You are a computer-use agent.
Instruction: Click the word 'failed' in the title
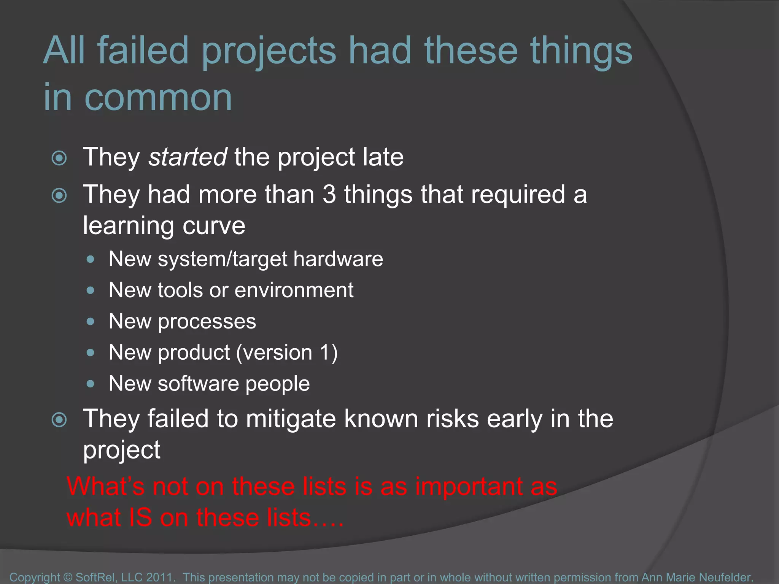(143, 50)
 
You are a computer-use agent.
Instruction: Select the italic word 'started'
(188, 157)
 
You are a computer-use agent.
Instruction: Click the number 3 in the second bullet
(329, 194)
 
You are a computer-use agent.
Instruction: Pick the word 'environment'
(294, 290)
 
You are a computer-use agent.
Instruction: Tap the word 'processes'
(207, 321)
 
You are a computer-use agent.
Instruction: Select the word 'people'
(277, 384)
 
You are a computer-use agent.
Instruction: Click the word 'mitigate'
(290, 419)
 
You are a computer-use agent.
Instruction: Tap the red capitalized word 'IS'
(141, 518)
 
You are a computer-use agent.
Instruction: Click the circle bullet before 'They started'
(59, 158)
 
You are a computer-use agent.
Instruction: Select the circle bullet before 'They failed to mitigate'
(59, 420)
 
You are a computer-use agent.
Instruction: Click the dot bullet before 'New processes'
(90, 322)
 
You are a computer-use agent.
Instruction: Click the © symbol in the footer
(68, 577)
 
